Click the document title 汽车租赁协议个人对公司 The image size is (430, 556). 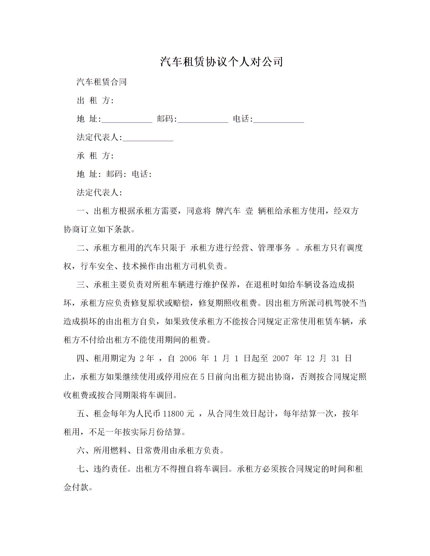tap(221, 62)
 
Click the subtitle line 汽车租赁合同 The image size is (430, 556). tap(102, 82)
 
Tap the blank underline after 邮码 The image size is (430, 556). tap(203, 119)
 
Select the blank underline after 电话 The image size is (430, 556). tap(279, 119)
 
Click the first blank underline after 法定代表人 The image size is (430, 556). tap(148, 138)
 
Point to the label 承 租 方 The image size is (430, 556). tap(95, 156)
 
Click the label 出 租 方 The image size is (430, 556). tap(95, 101)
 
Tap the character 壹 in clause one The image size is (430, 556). tap(249, 211)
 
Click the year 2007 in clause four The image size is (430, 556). tap(281, 358)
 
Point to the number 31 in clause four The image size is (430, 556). tap(335, 358)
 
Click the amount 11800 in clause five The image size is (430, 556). tap(173, 414)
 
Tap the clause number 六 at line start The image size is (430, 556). tap(81, 450)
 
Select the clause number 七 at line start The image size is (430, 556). tap(81, 469)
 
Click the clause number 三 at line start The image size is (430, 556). tap(81, 285)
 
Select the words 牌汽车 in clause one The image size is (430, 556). tap(228, 211)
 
